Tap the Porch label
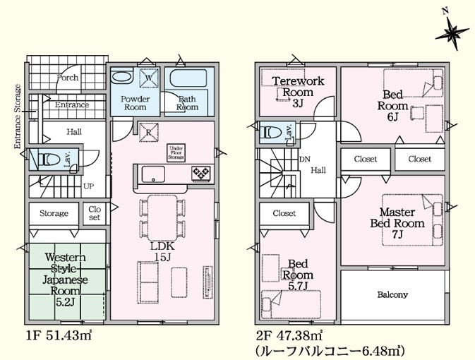coord(68,78)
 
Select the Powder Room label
coord(135,103)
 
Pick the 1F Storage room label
coord(54,213)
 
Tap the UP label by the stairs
coord(89,188)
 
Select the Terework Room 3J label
coord(298,92)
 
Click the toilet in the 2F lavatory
coord(272,131)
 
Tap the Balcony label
coord(392,294)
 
